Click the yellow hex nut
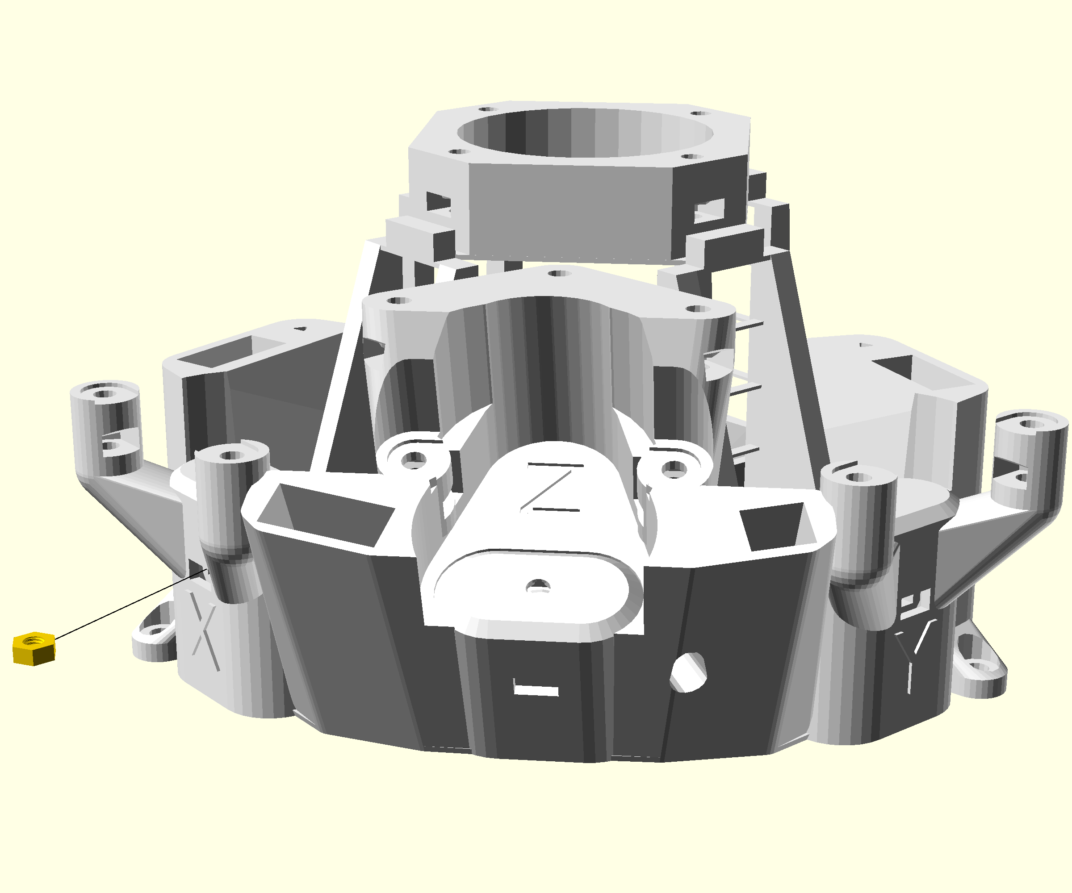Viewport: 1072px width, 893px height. click(x=33, y=648)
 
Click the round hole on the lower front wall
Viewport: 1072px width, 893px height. click(x=688, y=672)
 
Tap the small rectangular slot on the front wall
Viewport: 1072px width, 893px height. click(x=536, y=690)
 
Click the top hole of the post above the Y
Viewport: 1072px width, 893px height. click(x=858, y=477)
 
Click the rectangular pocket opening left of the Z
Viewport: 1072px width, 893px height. click(x=327, y=515)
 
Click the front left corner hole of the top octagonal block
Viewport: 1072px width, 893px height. click(x=458, y=151)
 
